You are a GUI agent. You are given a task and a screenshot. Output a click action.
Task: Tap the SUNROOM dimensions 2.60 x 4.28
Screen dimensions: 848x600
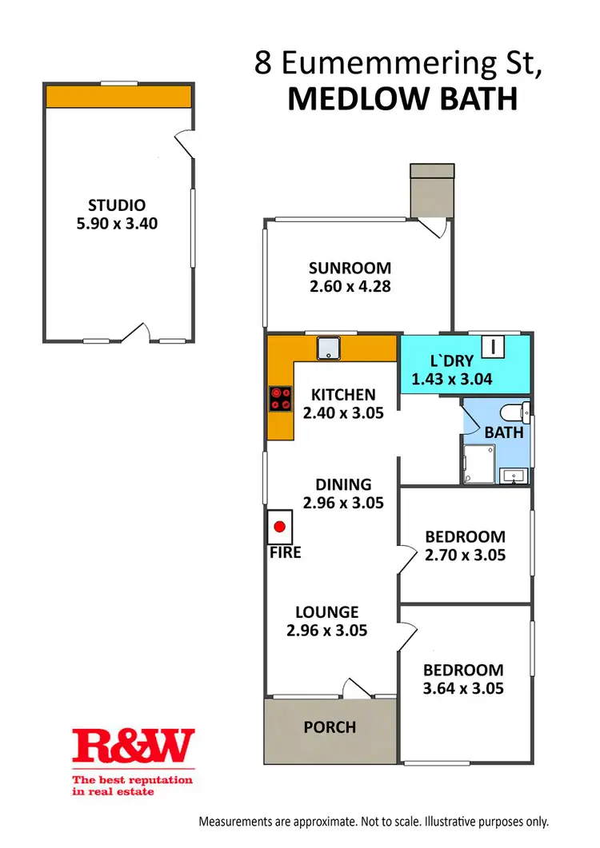[x=350, y=285]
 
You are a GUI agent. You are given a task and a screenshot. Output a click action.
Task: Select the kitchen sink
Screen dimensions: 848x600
[x=330, y=348]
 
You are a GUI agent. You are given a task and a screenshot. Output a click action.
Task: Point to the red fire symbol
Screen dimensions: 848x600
[x=280, y=527]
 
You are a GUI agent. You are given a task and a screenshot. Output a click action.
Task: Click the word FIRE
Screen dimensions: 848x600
[x=285, y=552]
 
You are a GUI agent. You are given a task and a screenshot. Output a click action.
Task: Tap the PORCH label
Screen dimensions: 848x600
[x=330, y=727]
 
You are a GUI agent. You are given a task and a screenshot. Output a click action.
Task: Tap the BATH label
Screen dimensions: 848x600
[x=504, y=432]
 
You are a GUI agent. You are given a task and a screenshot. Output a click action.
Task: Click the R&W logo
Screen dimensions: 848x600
[x=134, y=745]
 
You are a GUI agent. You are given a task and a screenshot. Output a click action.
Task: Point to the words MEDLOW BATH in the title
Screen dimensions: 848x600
[x=402, y=99]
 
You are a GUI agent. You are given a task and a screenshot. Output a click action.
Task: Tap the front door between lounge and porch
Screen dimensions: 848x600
[x=354, y=689]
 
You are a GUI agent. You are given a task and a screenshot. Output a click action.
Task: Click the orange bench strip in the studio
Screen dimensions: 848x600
[x=118, y=97]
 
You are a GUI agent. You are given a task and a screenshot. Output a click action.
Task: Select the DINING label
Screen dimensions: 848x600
[x=343, y=484]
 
